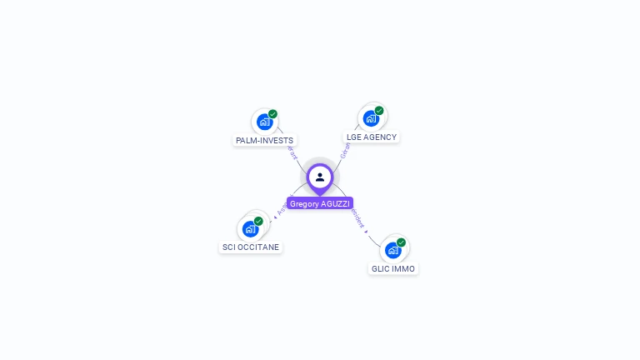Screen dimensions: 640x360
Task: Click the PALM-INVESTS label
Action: point(264,140)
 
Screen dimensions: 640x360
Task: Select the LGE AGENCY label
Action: point(372,137)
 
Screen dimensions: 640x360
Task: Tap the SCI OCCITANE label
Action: point(251,247)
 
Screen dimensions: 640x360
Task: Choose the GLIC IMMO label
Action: point(393,269)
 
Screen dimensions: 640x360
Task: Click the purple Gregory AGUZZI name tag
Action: point(320,203)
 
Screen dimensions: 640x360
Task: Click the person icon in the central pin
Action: point(320,177)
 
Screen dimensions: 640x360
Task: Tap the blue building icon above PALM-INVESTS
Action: point(264,122)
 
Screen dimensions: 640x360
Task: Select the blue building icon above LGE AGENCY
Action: point(371,118)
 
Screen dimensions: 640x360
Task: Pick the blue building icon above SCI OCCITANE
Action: point(250,228)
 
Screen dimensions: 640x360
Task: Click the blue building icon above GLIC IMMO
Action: point(392,250)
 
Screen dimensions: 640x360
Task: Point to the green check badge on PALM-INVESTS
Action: point(273,114)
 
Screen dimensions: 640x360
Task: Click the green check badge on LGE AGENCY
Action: point(379,111)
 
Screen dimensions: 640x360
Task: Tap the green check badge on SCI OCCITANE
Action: point(258,222)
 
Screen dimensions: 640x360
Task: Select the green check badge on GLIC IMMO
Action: point(401,242)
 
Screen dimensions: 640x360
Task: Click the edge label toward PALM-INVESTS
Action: point(292,152)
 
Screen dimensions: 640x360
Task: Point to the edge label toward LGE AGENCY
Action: point(345,150)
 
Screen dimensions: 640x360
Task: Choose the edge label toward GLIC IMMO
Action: point(358,219)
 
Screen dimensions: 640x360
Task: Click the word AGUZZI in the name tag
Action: point(336,203)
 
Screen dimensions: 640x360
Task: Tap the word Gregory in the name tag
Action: point(304,203)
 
